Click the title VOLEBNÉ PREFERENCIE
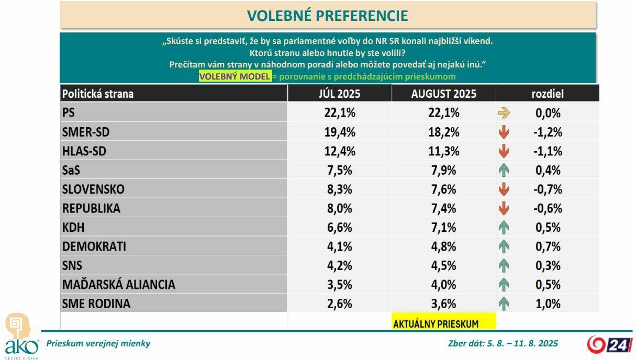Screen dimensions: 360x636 pos(327,16)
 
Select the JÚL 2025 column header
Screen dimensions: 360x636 pos(339,94)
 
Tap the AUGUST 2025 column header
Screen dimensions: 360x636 pos(443,94)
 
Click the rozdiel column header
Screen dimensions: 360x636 pos(547,94)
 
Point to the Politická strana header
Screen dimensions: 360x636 pos(98,94)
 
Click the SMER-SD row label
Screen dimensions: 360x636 pos(85,132)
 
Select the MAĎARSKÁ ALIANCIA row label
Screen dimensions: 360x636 pos(118,285)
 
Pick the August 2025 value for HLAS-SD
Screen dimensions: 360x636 pos(443,152)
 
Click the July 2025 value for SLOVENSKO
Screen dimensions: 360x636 pos(339,189)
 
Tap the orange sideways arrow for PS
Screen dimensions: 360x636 pos(504,113)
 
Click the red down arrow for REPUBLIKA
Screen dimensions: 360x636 pos(504,208)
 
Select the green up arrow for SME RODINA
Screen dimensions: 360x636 pos(504,303)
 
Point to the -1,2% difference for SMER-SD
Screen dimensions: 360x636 pos(548,132)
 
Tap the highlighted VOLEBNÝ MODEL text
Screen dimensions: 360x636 pos(235,76)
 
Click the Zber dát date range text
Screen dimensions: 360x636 pos(503,344)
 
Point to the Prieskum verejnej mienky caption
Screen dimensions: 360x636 pos(98,344)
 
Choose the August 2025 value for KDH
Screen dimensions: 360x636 pos(443,228)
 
